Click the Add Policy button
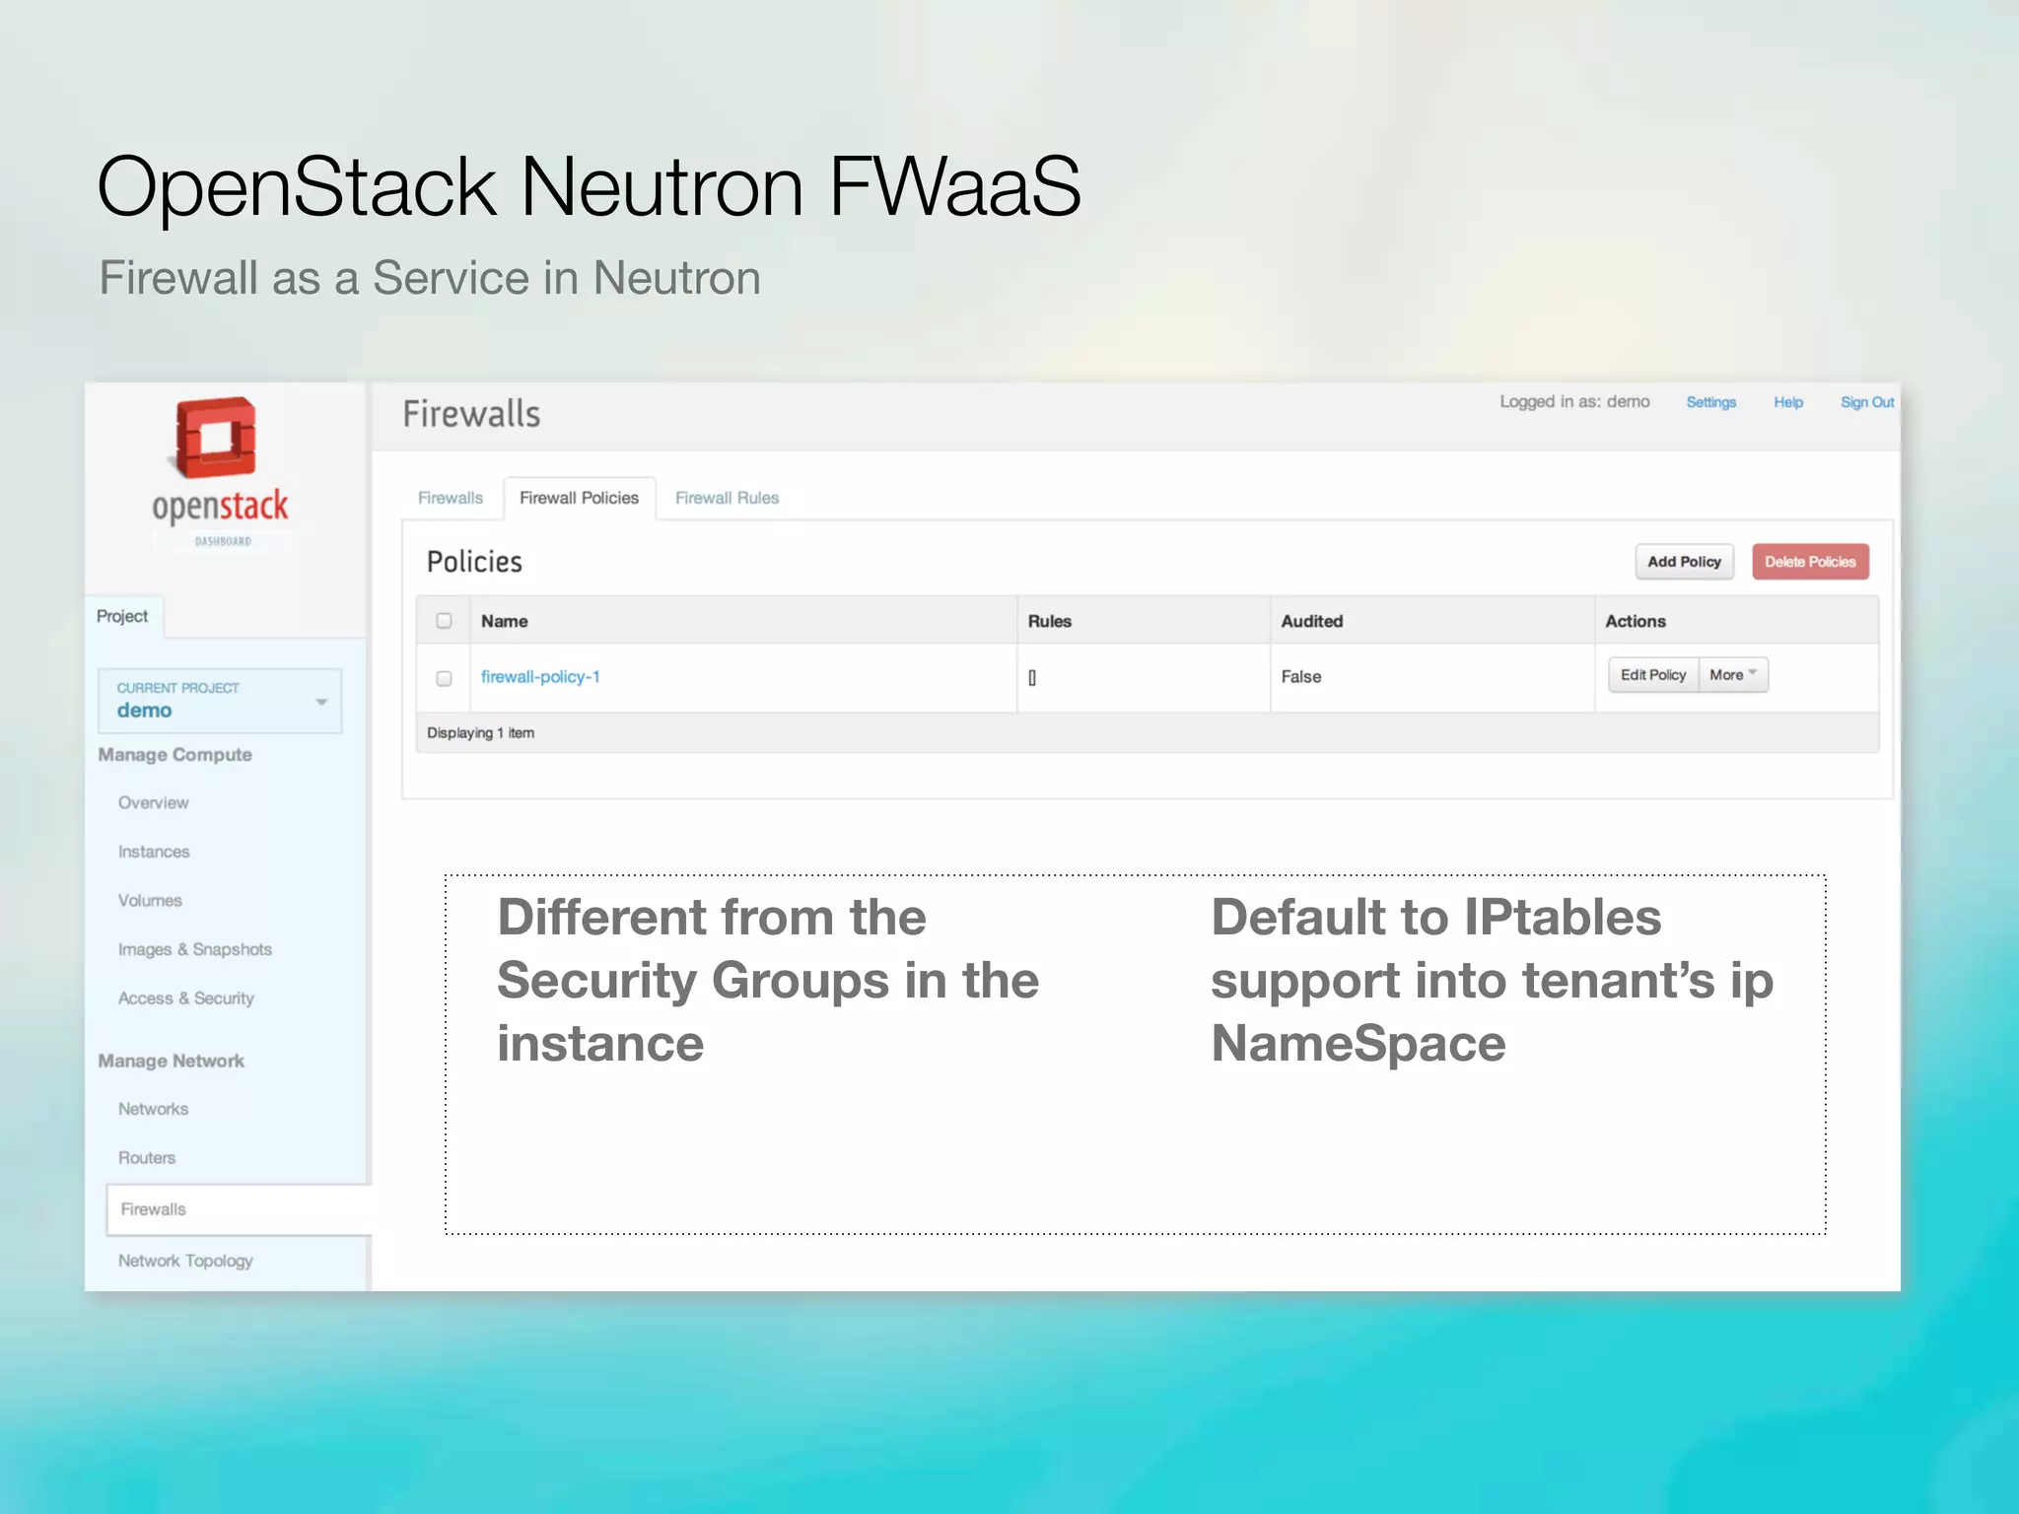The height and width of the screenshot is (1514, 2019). [x=1684, y=562]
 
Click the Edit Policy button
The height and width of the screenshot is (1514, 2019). [x=1653, y=675]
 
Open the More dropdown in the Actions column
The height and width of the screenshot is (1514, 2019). [x=1733, y=675]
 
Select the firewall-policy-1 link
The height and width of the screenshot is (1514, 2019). [x=540, y=677]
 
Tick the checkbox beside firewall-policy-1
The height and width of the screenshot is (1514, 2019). [x=444, y=678]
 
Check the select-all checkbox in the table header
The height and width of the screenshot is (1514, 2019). [x=444, y=621]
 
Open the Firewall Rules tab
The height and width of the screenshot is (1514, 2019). [x=727, y=499]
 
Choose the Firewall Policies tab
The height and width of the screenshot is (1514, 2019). [x=579, y=499]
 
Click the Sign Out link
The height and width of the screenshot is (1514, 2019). [x=1866, y=402]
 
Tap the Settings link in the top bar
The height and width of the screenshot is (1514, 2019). [x=1710, y=402]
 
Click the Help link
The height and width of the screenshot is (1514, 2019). [x=1787, y=402]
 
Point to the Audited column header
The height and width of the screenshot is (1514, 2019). [x=1311, y=621]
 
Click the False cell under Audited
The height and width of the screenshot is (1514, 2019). [x=1301, y=677]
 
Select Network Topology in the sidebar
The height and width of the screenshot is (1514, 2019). [x=185, y=1261]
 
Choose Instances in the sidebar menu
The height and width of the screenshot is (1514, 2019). [x=154, y=852]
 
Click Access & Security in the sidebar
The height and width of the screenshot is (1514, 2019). [x=186, y=998]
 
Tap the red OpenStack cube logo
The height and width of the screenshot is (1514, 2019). [x=216, y=438]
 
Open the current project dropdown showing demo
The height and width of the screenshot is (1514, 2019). [x=220, y=701]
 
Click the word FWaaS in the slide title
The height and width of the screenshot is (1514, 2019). [x=954, y=186]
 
